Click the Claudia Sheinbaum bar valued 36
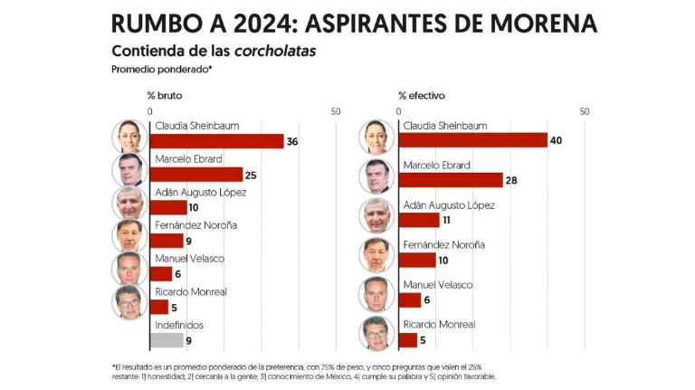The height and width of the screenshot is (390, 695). coord(216,141)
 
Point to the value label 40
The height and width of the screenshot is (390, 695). coord(556,140)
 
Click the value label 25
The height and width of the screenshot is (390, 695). coord(251,175)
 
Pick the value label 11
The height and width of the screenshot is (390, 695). coord(445,220)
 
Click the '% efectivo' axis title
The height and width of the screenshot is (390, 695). coord(421,95)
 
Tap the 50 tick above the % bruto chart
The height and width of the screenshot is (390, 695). coord(336,111)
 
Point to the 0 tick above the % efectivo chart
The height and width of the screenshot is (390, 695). coord(399,111)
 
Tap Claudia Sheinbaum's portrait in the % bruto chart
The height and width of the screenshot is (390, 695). coord(129,136)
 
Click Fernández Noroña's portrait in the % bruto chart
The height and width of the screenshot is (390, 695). coord(129,235)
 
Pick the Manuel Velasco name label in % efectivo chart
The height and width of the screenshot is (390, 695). coord(438,284)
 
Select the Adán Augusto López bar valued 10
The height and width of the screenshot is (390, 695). coord(167,208)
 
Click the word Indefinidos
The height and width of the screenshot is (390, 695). coord(179,324)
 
